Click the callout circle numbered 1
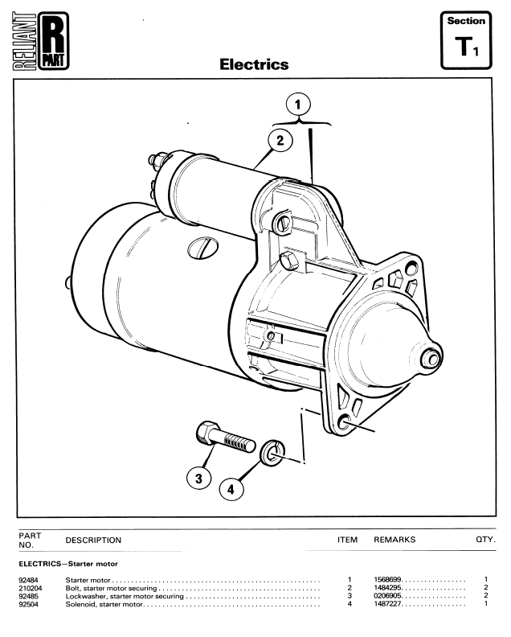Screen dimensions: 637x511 pyautogui.click(x=299, y=105)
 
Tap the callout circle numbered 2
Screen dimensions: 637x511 pyautogui.click(x=280, y=141)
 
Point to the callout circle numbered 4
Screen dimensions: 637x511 pyautogui.click(x=232, y=488)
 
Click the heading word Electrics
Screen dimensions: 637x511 pyautogui.click(x=254, y=64)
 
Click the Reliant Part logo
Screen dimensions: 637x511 pyautogui.click(x=41, y=40)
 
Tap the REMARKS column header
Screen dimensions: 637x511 pyautogui.click(x=394, y=540)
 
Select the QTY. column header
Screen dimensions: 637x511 pyautogui.click(x=485, y=540)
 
